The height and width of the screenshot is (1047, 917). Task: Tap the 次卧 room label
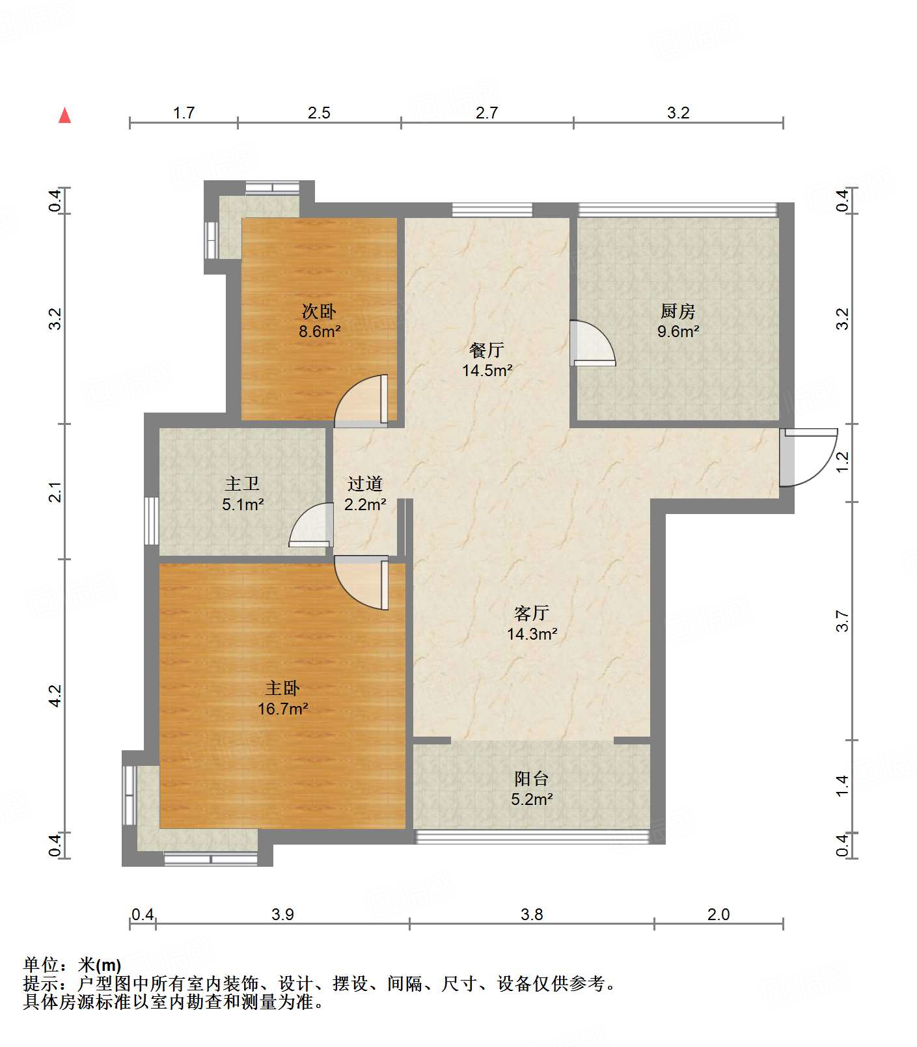pos(319,312)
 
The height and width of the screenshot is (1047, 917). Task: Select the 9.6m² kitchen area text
pos(678,331)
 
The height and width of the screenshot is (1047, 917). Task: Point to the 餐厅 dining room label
pos(487,350)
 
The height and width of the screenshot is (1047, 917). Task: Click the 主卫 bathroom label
pos(242,483)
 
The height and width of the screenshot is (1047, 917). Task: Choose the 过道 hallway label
pos(364,483)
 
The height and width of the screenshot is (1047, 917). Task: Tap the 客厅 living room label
pos(532,613)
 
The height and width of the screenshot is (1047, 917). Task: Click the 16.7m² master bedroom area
pos(283,709)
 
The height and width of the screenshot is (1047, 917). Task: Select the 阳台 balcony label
pos(532,778)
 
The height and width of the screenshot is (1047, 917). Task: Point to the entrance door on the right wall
pos(808,457)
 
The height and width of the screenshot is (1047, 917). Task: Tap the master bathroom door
pos(310,524)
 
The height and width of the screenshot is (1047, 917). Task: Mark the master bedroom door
pos(361,583)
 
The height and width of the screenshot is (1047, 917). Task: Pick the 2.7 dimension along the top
pos(486,113)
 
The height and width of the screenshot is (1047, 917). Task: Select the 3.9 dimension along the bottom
pos(282,914)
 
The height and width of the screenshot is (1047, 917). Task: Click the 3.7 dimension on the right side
pos(843,621)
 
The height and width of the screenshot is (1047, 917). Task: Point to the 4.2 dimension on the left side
pos(55,696)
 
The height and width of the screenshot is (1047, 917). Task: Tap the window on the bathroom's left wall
pos(151,521)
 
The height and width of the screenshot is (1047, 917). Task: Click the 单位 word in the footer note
pos(41,964)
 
